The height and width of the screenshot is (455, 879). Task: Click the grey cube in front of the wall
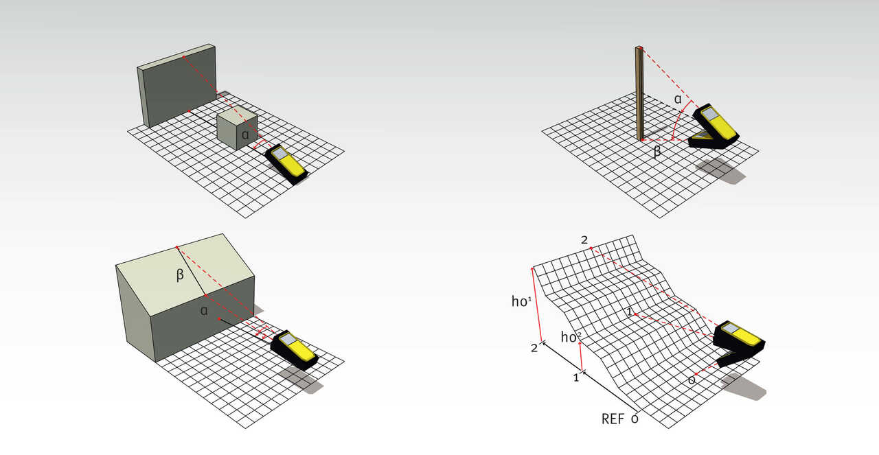coord(237,128)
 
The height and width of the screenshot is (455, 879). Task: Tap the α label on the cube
coord(245,135)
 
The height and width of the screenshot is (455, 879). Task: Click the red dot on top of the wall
coord(183,57)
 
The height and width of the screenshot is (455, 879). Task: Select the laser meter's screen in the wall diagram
coord(279,153)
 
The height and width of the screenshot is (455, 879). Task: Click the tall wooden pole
coord(639,93)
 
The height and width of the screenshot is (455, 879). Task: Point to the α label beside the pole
coord(678,100)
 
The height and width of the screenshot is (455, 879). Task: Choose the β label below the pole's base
coord(657,152)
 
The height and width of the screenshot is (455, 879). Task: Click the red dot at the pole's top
coord(640,48)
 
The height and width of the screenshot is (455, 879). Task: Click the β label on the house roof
coord(180,275)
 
